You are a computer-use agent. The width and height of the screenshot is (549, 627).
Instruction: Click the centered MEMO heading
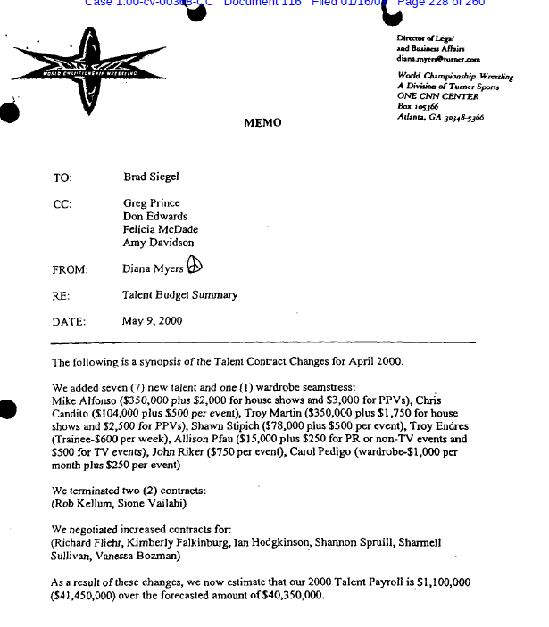coord(262,123)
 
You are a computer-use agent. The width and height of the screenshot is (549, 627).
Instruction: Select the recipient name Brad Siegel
coord(151,177)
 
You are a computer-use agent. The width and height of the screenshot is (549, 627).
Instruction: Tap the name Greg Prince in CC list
coord(151,203)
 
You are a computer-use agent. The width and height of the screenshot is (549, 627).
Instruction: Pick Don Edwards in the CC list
coord(154,217)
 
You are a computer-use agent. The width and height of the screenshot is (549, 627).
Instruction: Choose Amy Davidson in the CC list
coord(158,243)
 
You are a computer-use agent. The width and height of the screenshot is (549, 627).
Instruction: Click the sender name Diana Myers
coord(152,268)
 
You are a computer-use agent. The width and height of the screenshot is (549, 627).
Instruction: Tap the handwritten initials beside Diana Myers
coord(195,265)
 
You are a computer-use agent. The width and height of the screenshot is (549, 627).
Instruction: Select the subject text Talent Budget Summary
coord(179,295)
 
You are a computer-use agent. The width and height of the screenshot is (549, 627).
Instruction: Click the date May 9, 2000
coord(152,321)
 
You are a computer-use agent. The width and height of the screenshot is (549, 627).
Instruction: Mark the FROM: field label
coord(70,269)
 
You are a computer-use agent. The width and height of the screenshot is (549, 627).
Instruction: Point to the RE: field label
coord(61,295)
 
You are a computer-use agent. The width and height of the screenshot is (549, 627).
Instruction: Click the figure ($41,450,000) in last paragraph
coord(87,595)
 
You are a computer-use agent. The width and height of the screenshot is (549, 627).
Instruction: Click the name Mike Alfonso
coord(85,400)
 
